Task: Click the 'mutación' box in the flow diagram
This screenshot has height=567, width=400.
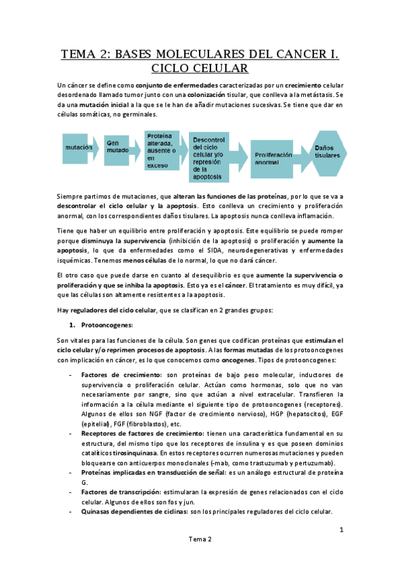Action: tap(78, 146)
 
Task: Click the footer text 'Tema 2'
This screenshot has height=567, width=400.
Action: tap(200, 539)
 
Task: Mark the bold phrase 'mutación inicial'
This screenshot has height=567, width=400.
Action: tap(102, 105)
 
